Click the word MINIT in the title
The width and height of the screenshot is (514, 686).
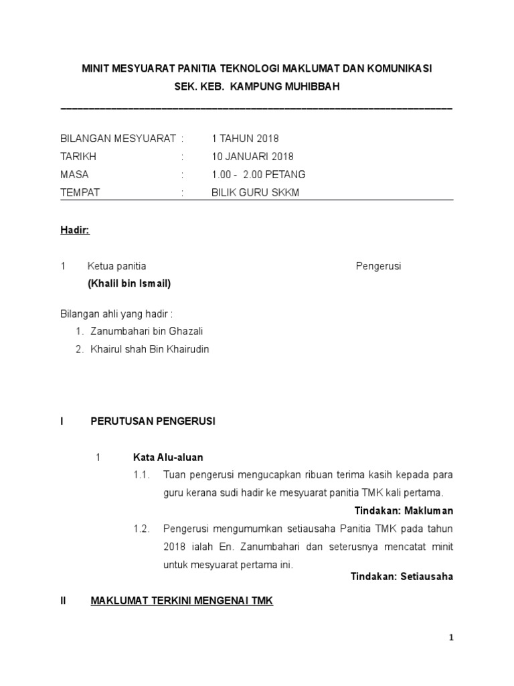coord(96,69)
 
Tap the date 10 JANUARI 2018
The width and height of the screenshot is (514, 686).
coord(252,157)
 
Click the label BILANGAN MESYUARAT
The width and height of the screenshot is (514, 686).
coord(118,139)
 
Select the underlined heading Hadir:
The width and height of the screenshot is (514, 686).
coord(75,230)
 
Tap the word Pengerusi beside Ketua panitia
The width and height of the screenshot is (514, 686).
coord(377,266)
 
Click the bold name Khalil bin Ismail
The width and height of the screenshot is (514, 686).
coord(129,283)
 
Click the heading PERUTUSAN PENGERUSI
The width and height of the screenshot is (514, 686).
coord(153,421)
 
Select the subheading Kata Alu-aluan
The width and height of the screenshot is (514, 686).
coord(168,458)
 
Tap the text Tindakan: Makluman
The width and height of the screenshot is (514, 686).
coord(404,510)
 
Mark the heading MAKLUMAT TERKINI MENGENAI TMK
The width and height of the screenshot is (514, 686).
coord(182,601)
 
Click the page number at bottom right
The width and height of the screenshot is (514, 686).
coord(451,638)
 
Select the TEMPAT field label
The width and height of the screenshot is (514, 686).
coord(80,192)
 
